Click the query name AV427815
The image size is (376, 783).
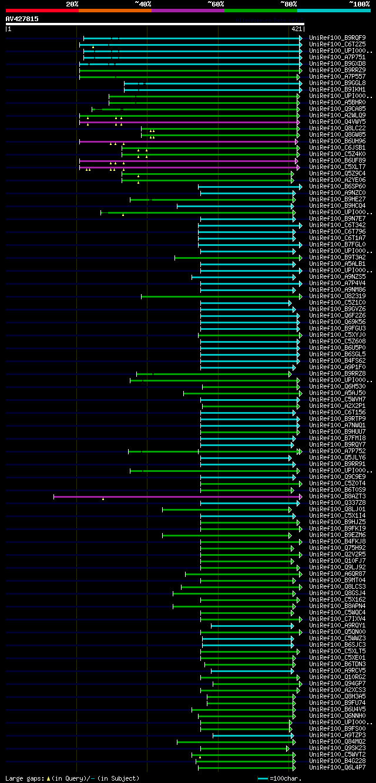coord(22,19)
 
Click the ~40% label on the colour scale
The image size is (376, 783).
coord(143,4)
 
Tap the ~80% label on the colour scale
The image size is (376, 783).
coord(288,4)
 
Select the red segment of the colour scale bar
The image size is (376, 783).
coord(42,10)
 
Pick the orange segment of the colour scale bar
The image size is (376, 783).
coord(115,10)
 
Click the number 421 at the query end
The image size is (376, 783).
coord(296,29)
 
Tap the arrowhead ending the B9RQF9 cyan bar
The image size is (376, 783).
coord(300,38)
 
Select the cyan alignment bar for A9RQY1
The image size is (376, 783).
coord(253,626)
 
